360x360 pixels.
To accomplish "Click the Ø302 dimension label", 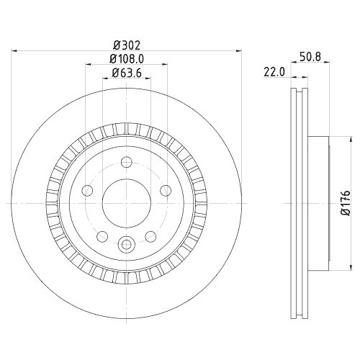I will (127, 44).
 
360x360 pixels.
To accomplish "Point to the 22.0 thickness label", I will (276, 71).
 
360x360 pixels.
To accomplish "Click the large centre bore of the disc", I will (126, 202).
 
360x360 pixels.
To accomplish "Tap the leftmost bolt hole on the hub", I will (87, 190).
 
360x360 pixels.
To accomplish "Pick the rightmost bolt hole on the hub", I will (166, 190).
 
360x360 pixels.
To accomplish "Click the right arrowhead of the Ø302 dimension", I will (236, 50).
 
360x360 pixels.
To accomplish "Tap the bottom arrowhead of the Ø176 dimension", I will (336, 267).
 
